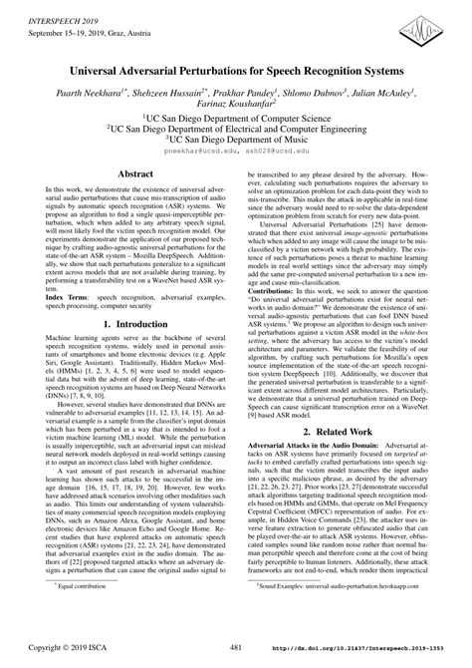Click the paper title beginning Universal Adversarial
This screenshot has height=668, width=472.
[x=235, y=72]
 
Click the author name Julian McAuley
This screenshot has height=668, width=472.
[x=375, y=93]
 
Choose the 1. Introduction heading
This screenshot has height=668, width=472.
[x=136, y=352]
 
